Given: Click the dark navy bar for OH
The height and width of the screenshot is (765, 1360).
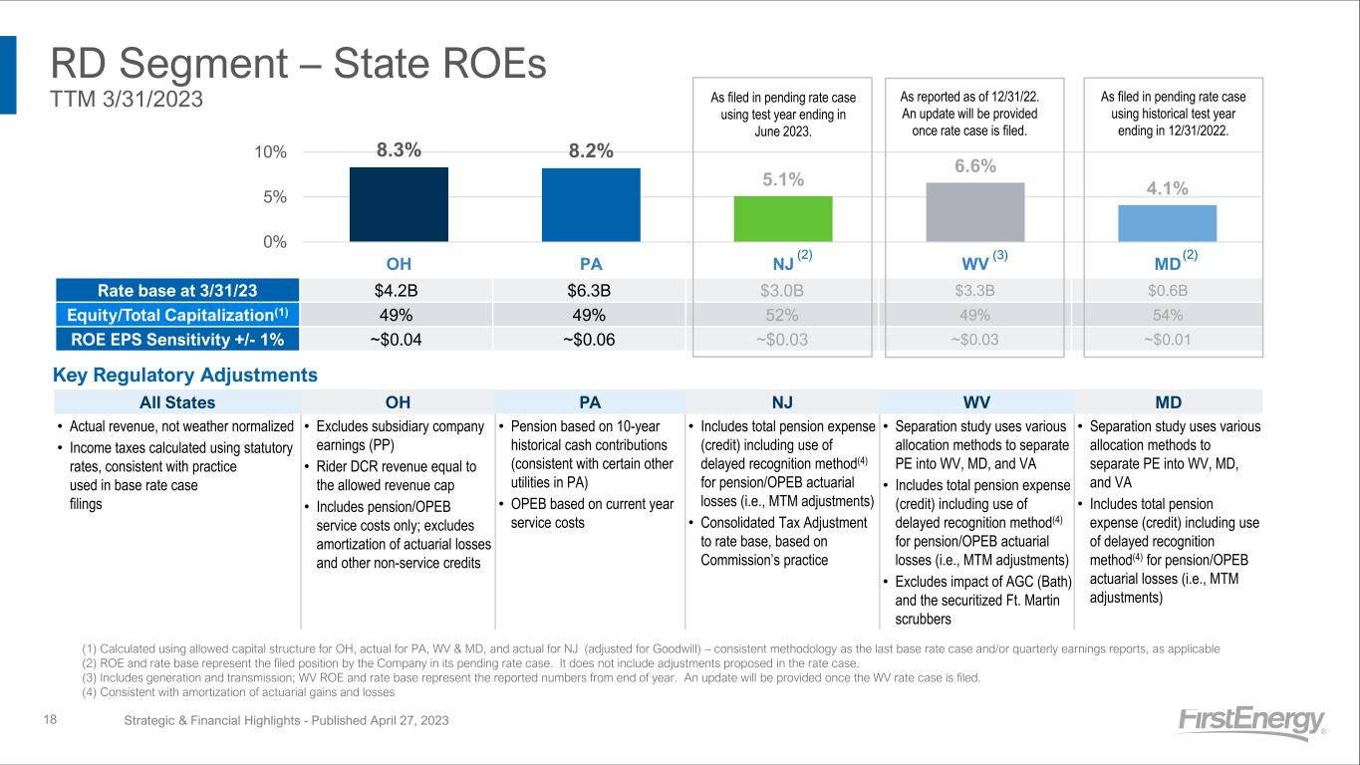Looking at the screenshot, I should pyautogui.click(x=399, y=204).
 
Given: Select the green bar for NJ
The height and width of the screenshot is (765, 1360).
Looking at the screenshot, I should pyautogui.click(x=783, y=219).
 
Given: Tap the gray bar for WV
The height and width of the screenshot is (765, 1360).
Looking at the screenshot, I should pyautogui.click(x=974, y=212).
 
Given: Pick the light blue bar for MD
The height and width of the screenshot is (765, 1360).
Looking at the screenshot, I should pyautogui.click(x=1167, y=223).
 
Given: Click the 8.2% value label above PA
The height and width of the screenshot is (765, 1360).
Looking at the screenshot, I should pyautogui.click(x=591, y=150).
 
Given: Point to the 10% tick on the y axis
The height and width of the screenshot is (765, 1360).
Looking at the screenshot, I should pyautogui.click(x=272, y=151).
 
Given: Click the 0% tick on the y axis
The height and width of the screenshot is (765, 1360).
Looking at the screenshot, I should pyautogui.click(x=275, y=241).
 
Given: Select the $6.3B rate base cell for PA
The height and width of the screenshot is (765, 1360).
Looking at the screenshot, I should pyautogui.click(x=591, y=291).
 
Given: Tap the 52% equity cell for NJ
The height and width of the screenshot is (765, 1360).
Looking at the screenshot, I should pyautogui.click(x=782, y=315).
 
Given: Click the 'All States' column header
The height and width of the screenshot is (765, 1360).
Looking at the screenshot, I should pyautogui.click(x=175, y=402).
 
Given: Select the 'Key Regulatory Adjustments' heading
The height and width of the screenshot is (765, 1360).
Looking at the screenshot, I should pyautogui.click(x=184, y=376).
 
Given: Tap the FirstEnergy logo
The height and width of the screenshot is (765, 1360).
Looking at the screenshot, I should pyautogui.click(x=1252, y=723).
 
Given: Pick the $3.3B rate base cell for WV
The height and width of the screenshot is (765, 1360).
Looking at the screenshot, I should pyautogui.click(x=974, y=291).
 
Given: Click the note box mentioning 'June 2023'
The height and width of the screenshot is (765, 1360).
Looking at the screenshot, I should pyautogui.click(x=782, y=115).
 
